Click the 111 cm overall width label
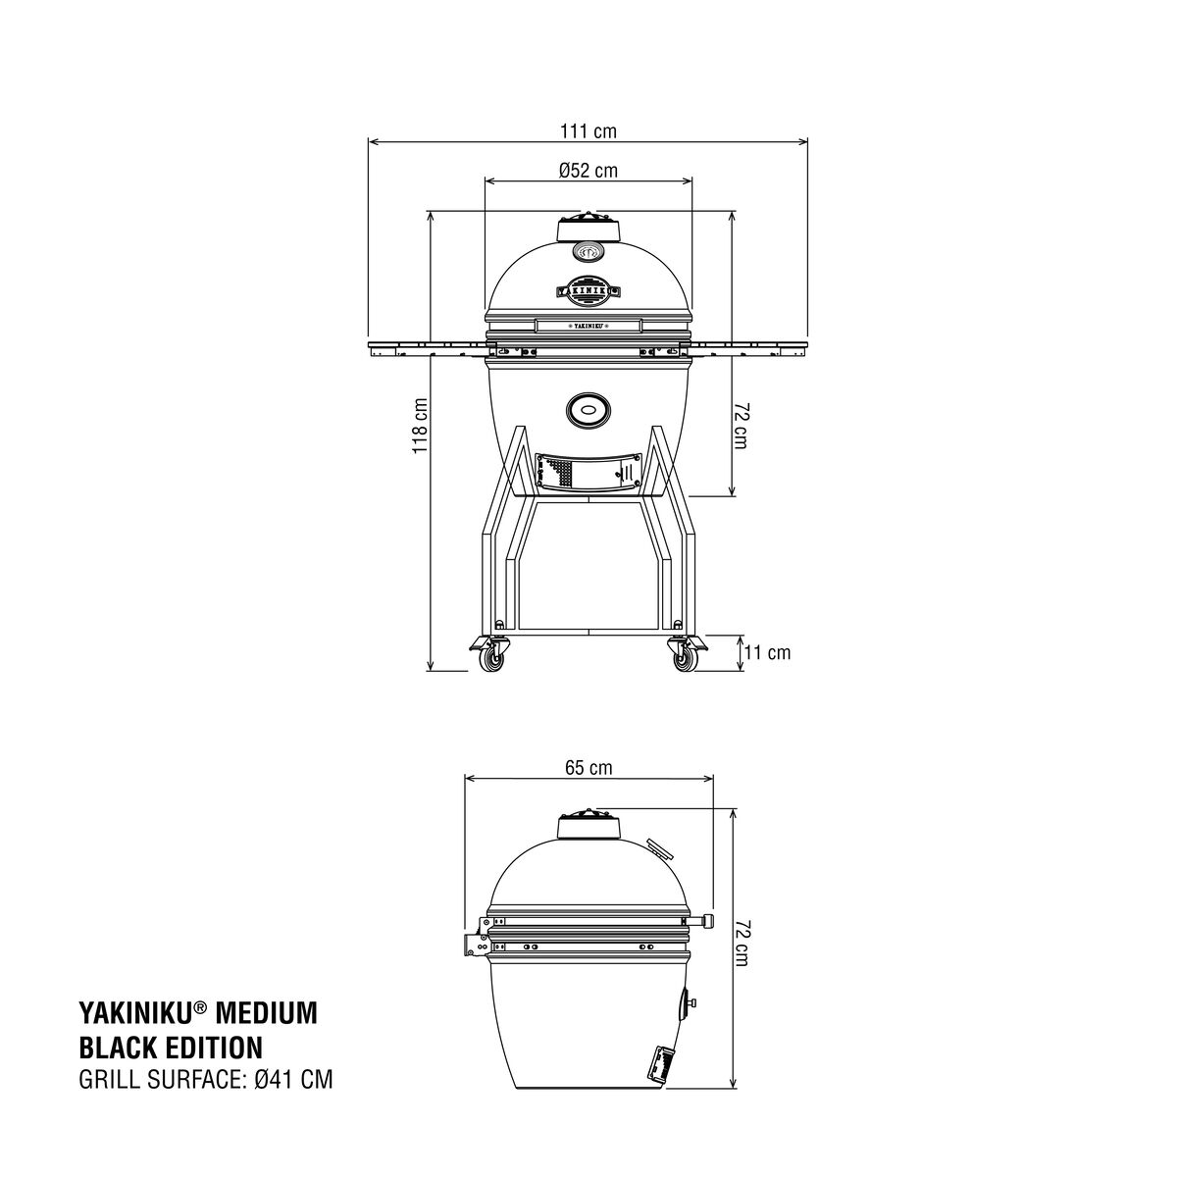[588, 131]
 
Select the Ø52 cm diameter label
[588, 171]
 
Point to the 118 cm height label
[420, 426]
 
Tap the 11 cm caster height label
[766, 652]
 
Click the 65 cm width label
[588, 768]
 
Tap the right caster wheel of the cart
[684, 660]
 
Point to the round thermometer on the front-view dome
[588, 253]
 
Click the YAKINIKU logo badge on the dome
[588, 289]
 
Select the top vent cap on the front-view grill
[588, 228]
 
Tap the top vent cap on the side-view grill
[588, 826]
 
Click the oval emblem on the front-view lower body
[588, 409]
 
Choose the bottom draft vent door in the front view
[588, 473]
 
